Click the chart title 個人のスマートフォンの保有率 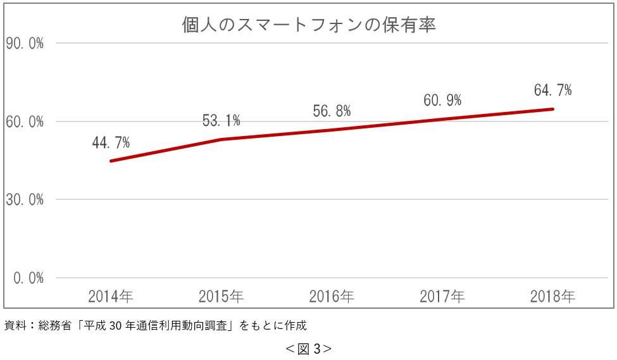(x=309, y=25)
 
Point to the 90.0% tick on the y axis (x=25, y=43)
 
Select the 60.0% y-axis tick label (x=25, y=121)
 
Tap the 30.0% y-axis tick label (x=25, y=200)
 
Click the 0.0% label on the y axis (x=28, y=278)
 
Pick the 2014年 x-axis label (x=111, y=296)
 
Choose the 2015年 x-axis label (x=221, y=296)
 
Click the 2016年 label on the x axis (x=332, y=296)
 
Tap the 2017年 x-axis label (x=442, y=296)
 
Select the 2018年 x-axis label (x=552, y=296)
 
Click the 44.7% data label (x=111, y=143)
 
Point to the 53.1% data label (x=221, y=120)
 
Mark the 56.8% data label (x=332, y=111)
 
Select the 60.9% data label (x=442, y=100)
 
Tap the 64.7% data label (x=552, y=90)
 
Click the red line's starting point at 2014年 (x=111, y=161)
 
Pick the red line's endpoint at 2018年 (x=552, y=109)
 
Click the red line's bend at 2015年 (x=221, y=139)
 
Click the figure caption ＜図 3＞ (x=308, y=349)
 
